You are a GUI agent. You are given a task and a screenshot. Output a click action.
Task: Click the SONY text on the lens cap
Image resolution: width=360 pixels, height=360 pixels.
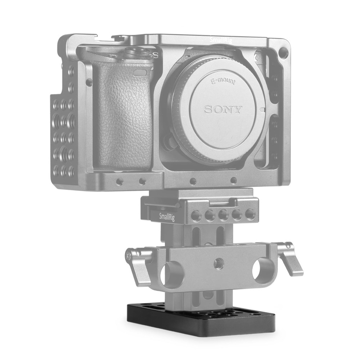pos(224,109)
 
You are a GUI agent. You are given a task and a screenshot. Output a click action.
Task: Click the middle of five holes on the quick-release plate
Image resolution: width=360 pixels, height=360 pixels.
pos(222,215)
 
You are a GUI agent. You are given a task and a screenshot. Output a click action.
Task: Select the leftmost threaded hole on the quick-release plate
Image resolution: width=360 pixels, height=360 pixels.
pos(195,216)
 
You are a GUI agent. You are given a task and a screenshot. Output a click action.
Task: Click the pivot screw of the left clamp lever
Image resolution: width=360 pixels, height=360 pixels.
pos(128,256)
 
